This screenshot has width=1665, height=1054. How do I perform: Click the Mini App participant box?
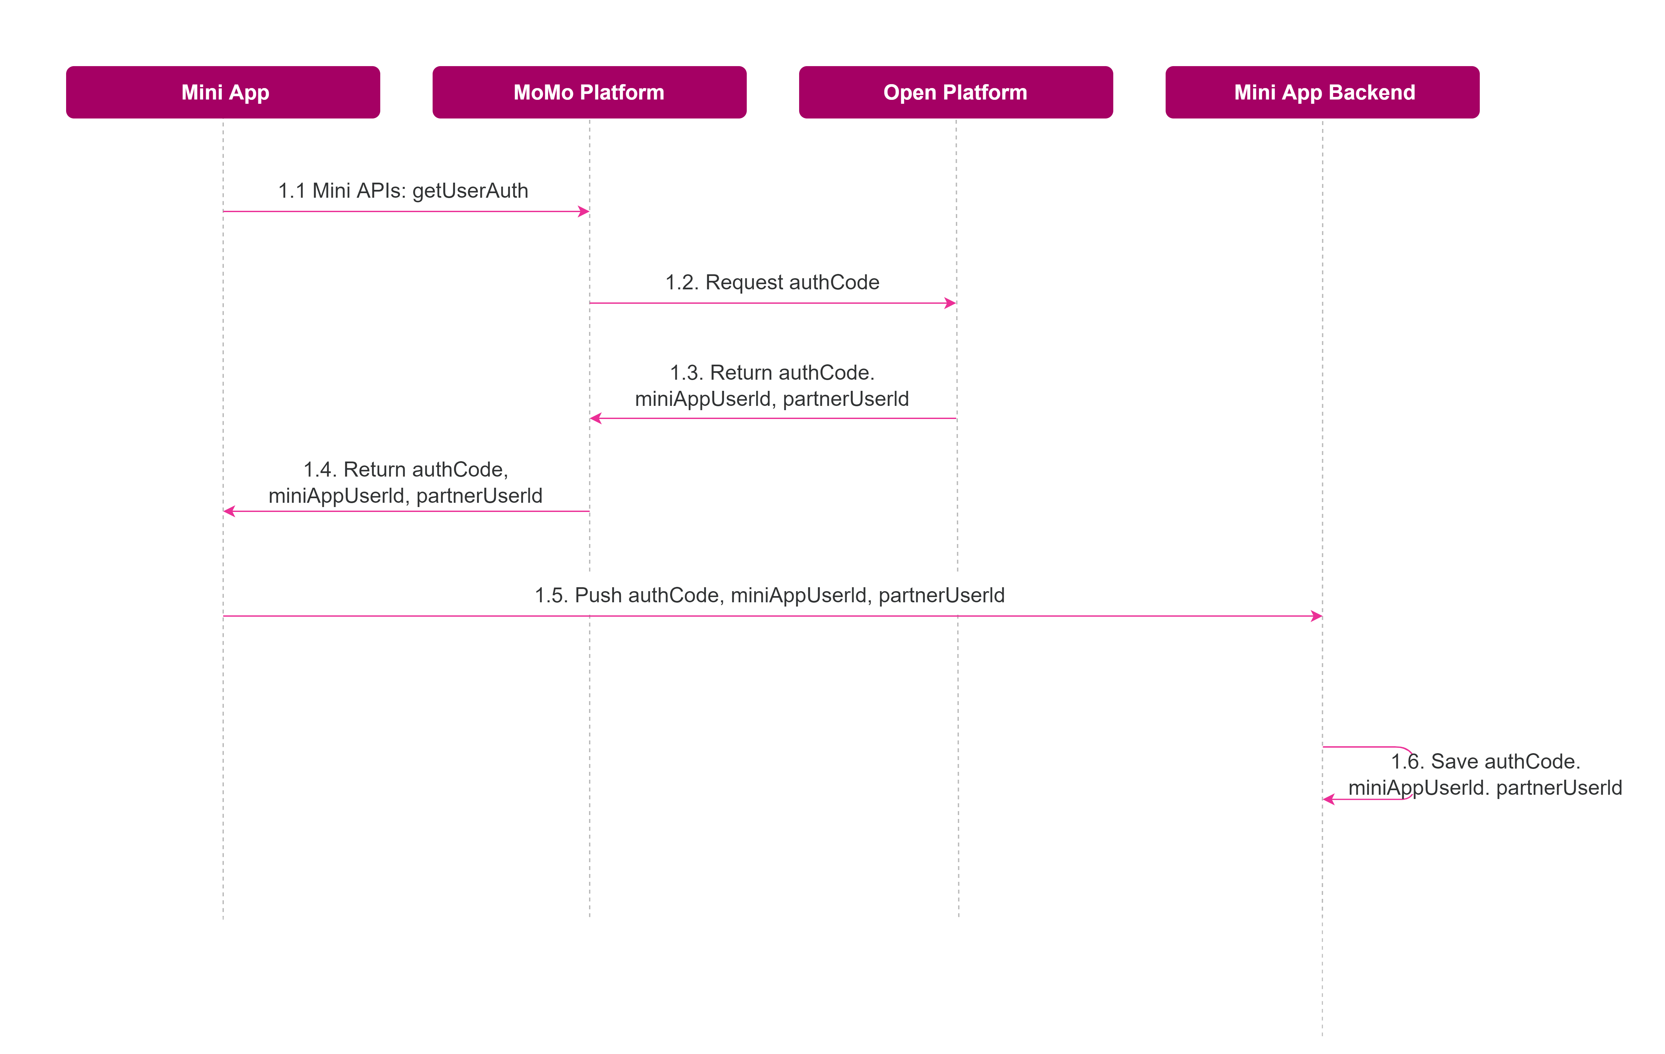223,92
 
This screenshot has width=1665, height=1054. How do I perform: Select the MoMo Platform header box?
589,92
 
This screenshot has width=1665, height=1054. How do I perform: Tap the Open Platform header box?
956,92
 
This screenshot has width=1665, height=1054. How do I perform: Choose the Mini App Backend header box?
1322,92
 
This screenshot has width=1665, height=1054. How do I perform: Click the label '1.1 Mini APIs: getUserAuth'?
403,191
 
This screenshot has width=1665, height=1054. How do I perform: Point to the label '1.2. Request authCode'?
772,282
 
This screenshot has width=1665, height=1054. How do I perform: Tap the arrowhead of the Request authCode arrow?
951,303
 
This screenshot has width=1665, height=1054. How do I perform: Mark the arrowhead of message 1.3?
595,418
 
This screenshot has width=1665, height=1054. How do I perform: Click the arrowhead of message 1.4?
229,511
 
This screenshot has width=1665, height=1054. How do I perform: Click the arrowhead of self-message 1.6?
1328,799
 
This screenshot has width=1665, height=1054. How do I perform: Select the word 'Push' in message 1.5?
598,595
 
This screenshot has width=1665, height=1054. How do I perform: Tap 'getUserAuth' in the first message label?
470,191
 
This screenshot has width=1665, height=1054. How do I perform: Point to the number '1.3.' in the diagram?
687,373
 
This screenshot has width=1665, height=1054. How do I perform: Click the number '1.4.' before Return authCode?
320,470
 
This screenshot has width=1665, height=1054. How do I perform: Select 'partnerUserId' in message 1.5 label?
942,595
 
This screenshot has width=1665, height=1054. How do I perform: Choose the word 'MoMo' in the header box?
544,92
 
